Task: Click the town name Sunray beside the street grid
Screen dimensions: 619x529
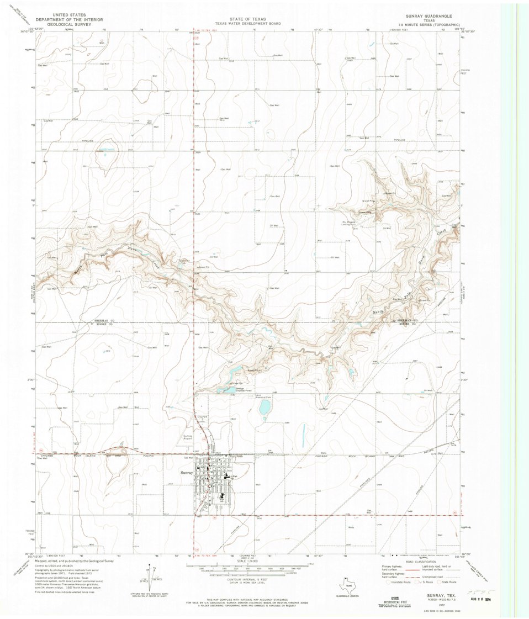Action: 187,473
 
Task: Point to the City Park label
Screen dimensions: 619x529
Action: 202,416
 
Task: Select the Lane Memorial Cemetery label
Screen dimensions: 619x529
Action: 262,396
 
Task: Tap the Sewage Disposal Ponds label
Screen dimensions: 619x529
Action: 244,389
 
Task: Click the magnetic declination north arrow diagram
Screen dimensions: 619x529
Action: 148,574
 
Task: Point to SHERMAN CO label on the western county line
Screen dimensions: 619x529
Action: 102,320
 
